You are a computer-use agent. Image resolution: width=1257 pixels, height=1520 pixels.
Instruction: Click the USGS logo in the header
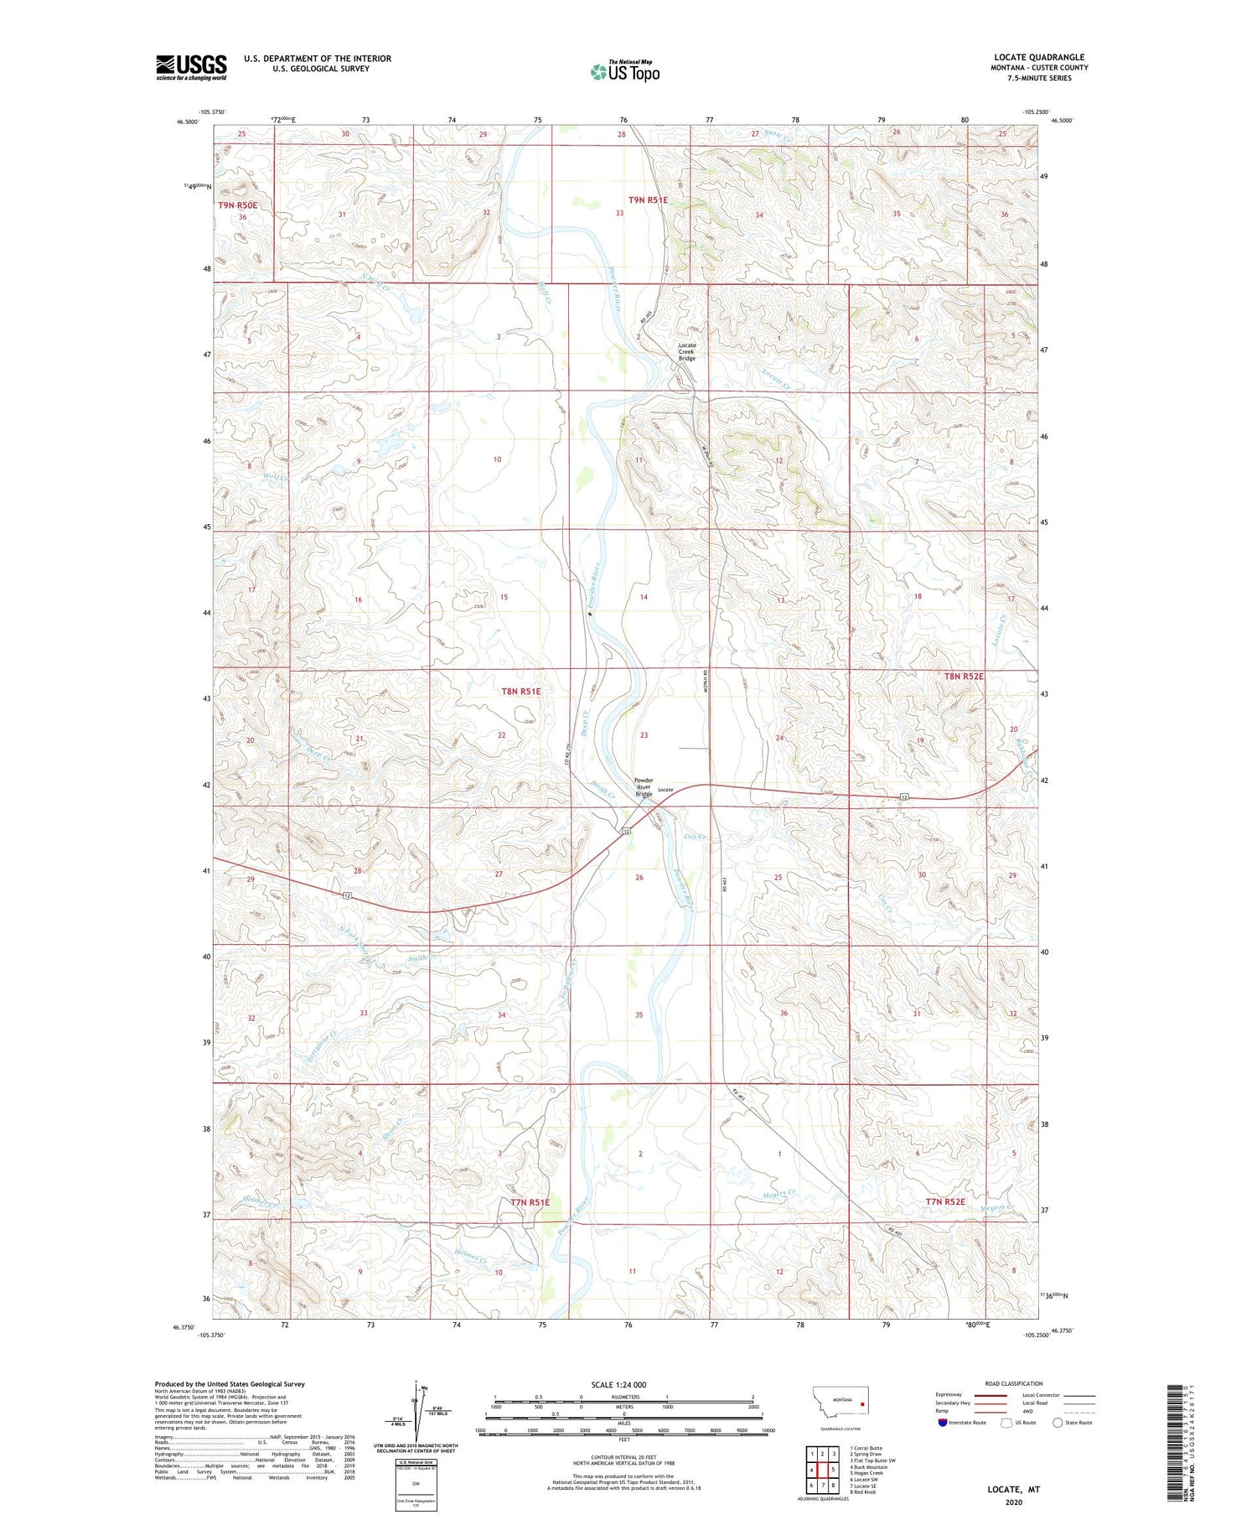(x=191, y=67)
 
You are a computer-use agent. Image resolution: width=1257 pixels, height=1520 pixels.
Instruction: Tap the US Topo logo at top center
(x=624, y=72)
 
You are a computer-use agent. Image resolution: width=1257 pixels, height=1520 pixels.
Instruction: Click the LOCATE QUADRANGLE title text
(x=1037, y=57)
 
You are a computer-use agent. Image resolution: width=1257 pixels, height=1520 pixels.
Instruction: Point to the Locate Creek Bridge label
(x=686, y=351)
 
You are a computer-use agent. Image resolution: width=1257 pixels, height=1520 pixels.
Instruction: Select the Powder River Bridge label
(x=643, y=787)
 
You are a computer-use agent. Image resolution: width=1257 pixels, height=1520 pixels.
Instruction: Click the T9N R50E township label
(x=237, y=205)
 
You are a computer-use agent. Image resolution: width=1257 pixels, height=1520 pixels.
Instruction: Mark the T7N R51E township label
(x=530, y=1202)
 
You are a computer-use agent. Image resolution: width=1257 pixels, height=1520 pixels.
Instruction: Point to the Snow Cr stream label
(x=781, y=133)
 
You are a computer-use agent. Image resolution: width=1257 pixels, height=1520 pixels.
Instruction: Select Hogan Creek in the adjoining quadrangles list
(x=866, y=1472)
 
